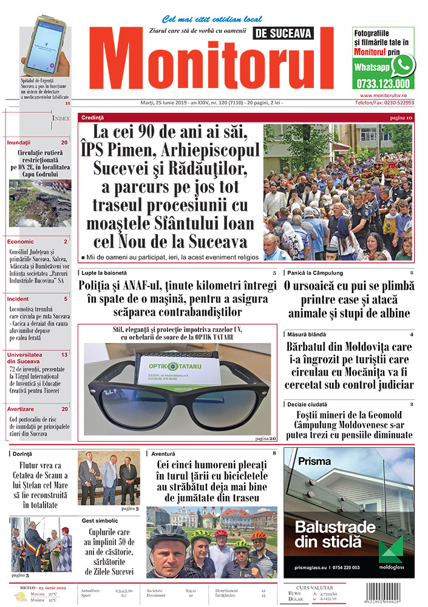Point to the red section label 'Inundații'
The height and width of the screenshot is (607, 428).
point(19,141)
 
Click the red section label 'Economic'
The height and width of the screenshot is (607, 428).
point(21,241)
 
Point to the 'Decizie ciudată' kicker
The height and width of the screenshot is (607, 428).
point(308,404)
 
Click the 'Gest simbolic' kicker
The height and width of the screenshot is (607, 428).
point(100,520)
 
